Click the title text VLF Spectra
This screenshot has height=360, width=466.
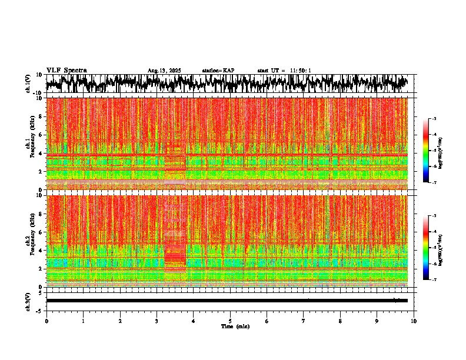(x=66, y=70)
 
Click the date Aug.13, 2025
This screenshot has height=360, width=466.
(x=164, y=71)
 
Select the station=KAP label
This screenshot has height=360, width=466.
(x=218, y=71)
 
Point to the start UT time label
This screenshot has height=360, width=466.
(x=284, y=71)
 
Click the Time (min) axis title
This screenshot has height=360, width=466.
(x=235, y=326)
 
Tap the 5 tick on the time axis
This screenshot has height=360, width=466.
(x=231, y=321)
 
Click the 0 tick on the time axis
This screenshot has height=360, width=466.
(x=46, y=321)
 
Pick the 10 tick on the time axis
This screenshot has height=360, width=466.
(x=414, y=321)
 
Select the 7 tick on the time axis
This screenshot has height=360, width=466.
(x=304, y=321)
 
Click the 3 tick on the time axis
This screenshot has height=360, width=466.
(x=157, y=321)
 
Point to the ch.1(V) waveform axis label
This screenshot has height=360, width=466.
(x=28, y=84)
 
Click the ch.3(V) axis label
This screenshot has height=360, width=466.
(x=28, y=301)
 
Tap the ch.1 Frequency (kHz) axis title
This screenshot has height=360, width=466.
(x=30, y=144)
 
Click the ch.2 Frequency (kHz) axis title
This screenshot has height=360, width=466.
(x=30, y=241)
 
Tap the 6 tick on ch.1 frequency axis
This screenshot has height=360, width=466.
(x=41, y=135)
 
